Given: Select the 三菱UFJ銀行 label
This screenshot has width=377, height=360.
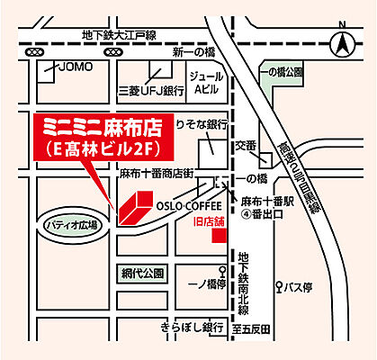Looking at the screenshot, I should pos(150,90).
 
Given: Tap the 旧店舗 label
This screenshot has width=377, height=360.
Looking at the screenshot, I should pos(210,219).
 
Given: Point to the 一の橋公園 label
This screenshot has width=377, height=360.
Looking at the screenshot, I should pos(283,71).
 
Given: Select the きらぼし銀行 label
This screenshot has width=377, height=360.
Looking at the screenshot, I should pos(192,326).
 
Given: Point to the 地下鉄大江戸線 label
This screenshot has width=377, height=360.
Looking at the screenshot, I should pos(119,34).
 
